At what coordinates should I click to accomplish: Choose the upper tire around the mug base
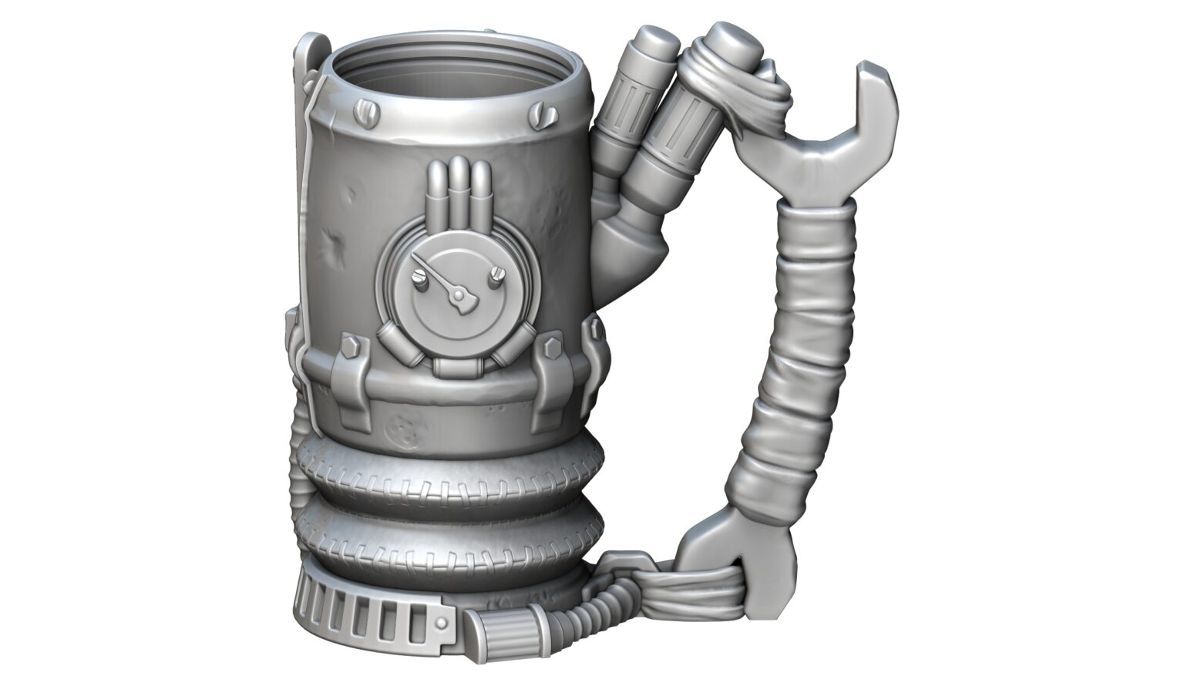[447, 478]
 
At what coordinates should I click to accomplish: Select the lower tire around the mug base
[447, 540]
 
